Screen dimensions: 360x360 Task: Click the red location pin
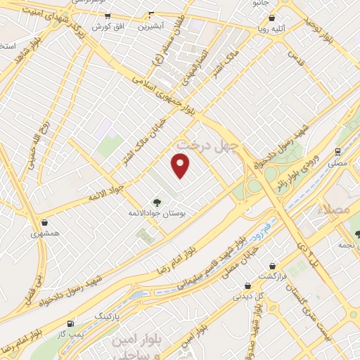click(181, 166)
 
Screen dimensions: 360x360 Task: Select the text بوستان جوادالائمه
click(156, 211)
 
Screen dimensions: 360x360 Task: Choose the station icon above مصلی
click(338, 151)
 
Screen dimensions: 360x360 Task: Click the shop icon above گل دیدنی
click(247, 285)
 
